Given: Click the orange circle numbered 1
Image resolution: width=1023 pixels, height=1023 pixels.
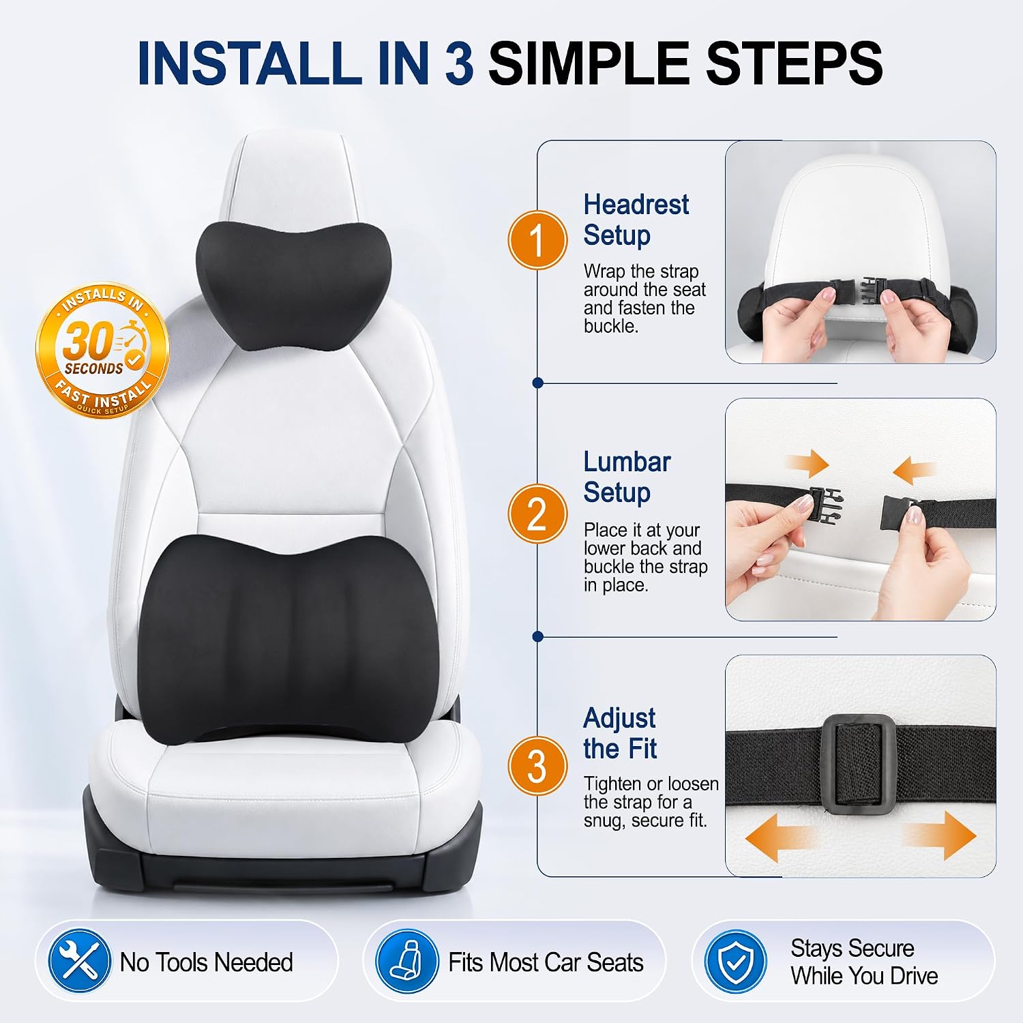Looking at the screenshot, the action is pos(537,240).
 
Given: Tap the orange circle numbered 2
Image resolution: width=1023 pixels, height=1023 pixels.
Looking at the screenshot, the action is pos(537,514).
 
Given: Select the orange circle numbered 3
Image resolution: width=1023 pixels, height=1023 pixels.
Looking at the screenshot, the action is pos(537,766).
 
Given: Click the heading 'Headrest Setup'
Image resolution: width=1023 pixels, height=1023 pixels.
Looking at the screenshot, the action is pos(636,220).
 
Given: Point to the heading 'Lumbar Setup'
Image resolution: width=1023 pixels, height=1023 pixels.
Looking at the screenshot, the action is pos(627,477).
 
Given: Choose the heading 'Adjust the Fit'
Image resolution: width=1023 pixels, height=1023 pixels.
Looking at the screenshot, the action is pos(620,733).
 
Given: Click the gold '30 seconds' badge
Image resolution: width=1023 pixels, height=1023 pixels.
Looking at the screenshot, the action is pos(102,349).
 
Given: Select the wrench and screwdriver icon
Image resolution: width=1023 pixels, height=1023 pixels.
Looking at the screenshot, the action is pos(79,962).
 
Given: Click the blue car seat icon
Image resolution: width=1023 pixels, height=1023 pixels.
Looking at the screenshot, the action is pos(407,962).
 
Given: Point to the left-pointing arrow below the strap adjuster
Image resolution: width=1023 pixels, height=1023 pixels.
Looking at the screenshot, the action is pos(780,837).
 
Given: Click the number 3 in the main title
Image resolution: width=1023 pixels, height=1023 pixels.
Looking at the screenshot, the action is pos(458,63).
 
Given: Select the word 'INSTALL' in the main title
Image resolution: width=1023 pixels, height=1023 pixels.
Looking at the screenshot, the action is pos(249,63).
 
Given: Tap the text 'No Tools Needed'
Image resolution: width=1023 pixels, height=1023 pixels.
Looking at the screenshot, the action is pos(206,962).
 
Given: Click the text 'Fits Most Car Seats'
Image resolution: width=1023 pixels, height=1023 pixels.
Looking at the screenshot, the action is pos(546,962).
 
